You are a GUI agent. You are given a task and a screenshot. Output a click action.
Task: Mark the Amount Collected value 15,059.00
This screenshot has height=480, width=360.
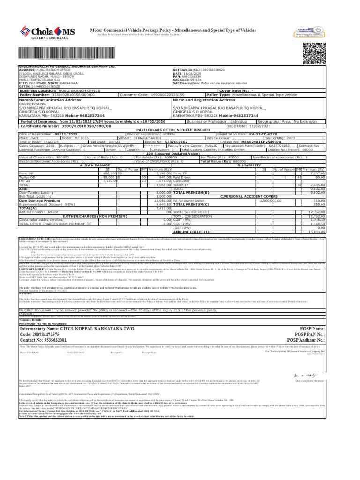click(316, 232)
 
